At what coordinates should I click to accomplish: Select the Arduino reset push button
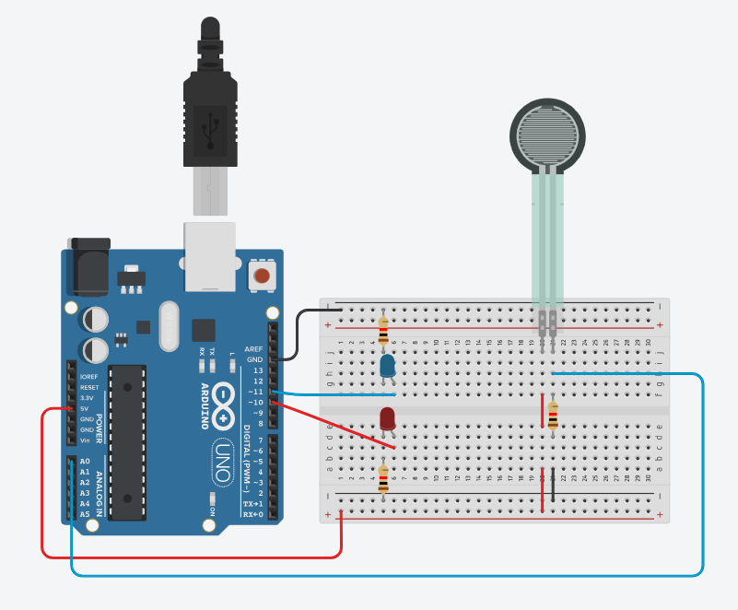click(263, 275)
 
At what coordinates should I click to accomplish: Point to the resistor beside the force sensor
click(552, 416)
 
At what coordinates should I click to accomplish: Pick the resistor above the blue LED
click(383, 331)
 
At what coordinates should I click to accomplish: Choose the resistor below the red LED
click(383, 479)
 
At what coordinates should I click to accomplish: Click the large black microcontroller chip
click(127, 441)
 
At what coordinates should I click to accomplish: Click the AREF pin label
click(255, 349)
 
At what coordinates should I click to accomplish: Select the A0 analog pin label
click(86, 461)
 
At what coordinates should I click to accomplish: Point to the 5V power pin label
click(86, 408)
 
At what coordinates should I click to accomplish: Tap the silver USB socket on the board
click(212, 257)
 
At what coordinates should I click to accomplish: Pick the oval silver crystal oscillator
click(168, 327)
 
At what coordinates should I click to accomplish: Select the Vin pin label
click(86, 440)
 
